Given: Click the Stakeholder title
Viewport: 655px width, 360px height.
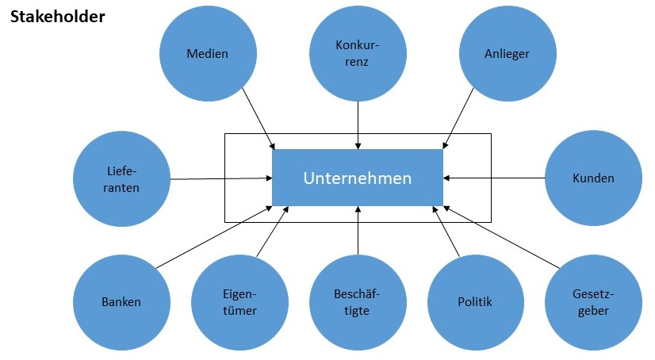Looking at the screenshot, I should [x=57, y=15].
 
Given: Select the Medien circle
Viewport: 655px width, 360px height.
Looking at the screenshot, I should [x=207, y=54].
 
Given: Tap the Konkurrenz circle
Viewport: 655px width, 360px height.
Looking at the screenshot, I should [x=358, y=54].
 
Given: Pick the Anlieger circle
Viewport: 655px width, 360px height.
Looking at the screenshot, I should [x=507, y=54].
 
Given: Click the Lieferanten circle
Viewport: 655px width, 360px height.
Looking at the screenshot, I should [x=121, y=179].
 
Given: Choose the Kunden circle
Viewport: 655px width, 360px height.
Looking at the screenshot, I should [x=593, y=178].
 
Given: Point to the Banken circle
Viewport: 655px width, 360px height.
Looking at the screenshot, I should [x=121, y=302].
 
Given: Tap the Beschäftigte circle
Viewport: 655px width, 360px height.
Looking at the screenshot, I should [x=358, y=302].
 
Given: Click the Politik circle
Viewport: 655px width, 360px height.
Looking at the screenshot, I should [x=475, y=302].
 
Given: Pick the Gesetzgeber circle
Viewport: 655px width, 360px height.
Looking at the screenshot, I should [x=593, y=302].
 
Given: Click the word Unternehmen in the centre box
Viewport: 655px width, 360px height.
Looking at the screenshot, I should [x=358, y=178].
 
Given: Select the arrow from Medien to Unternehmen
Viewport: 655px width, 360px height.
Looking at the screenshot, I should [x=258, y=117].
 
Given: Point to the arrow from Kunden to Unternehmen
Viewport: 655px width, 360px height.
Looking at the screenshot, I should [x=494, y=178].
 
